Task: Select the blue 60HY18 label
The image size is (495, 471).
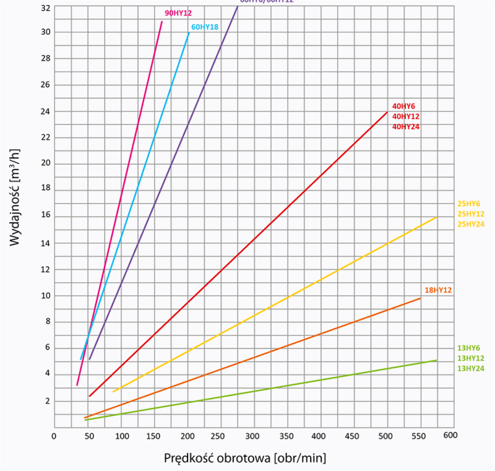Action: tap(204, 27)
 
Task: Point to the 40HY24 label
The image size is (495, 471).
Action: tap(405, 126)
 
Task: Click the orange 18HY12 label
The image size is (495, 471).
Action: tap(439, 290)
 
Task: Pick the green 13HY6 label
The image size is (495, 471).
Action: tap(468, 348)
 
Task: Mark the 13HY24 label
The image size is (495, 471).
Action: tap(470, 368)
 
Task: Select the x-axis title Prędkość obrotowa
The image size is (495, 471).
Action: tap(245, 459)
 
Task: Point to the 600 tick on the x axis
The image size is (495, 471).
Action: tap(450, 435)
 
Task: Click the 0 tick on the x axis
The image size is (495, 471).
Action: tap(54, 435)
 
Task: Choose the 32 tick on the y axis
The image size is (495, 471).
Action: tap(45, 9)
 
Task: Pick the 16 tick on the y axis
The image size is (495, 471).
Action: tap(45, 217)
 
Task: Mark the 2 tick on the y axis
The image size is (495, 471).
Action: tap(46, 401)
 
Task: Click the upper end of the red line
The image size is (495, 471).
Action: tap(387, 112)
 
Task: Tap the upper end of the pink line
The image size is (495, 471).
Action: tap(162, 22)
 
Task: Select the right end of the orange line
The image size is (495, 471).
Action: tap(421, 298)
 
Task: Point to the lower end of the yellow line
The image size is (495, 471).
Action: tap(113, 391)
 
